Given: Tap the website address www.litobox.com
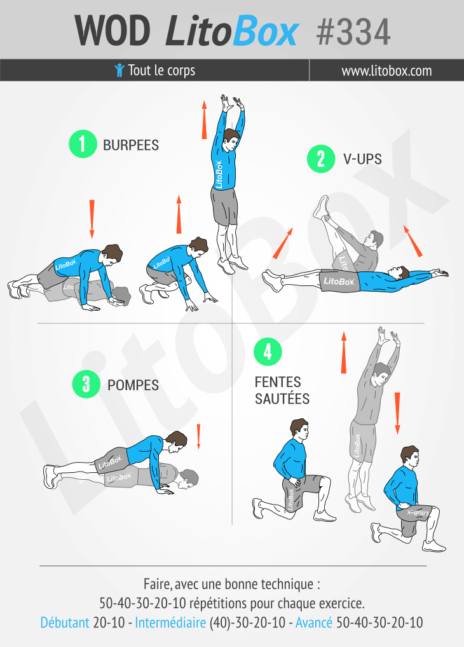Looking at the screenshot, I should (386, 71).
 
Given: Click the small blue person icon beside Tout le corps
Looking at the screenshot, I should (119, 70).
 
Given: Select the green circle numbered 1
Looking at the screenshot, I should (82, 144).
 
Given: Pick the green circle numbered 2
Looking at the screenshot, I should (320, 159).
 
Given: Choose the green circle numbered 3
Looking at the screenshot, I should (86, 385).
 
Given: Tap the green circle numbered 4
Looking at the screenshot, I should (268, 351).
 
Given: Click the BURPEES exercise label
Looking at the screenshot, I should (131, 145).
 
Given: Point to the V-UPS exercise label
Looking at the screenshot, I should (362, 160).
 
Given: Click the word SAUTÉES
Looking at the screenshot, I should (282, 399).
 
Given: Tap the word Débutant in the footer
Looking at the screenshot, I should (65, 623).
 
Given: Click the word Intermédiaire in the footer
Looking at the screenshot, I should (170, 623).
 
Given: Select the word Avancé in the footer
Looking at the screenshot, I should (313, 623).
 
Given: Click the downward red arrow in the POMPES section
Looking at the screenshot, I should (198, 437).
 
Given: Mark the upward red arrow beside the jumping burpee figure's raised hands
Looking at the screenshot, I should (204, 119).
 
